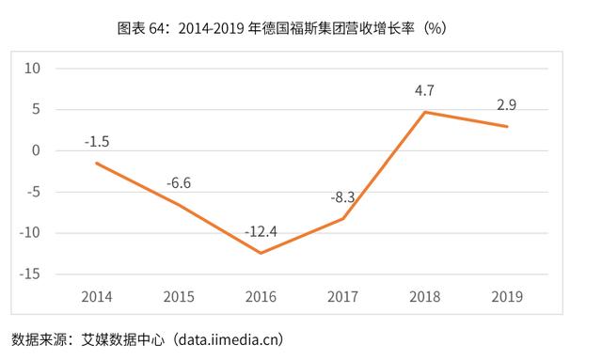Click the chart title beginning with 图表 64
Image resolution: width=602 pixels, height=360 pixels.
(x=301, y=28)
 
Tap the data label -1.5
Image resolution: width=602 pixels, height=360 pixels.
(x=96, y=142)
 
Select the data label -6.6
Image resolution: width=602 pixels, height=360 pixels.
(x=179, y=183)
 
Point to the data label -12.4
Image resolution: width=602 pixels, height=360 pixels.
(x=261, y=231)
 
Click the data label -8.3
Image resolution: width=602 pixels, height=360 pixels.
(x=341, y=197)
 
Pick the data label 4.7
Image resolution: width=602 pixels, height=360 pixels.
(x=425, y=92)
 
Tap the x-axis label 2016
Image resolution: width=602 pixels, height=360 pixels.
(x=261, y=297)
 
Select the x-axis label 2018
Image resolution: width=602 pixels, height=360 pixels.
(x=425, y=297)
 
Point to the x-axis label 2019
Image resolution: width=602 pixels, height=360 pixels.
(x=508, y=297)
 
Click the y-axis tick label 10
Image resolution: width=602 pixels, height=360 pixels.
(x=34, y=69)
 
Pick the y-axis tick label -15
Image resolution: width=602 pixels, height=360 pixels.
(x=32, y=274)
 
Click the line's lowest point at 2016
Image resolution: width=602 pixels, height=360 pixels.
(x=261, y=253)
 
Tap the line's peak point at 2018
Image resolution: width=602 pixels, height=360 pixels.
(x=425, y=112)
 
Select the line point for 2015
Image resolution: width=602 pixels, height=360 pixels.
(x=179, y=205)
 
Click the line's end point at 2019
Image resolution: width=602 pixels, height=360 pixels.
(x=508, y=127)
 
